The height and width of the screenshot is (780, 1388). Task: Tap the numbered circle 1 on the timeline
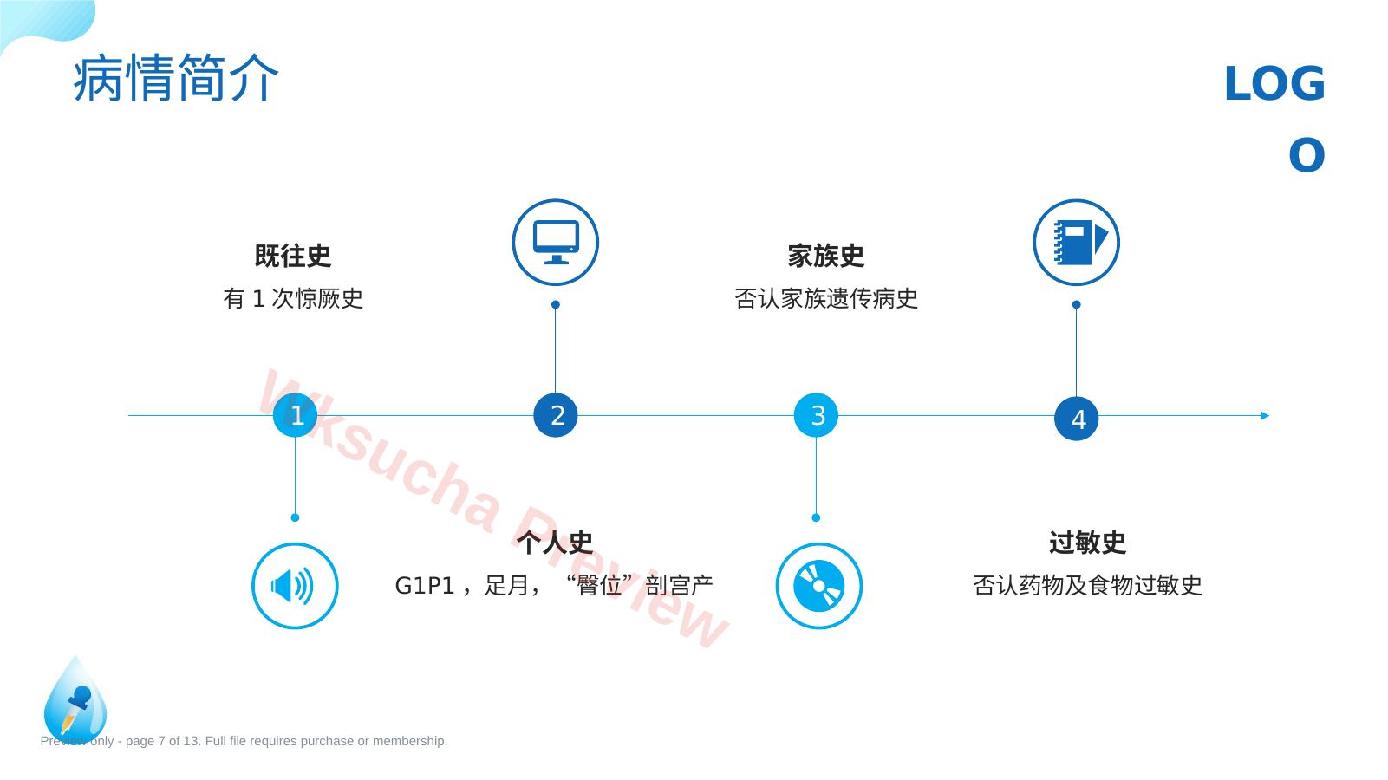click(x=295, y=415)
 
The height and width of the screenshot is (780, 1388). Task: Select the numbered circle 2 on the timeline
click(x=555, y=415)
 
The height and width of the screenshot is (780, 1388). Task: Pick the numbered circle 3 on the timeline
click(x=816, y=415)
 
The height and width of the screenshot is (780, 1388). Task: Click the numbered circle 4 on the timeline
click(x=1076, y=419)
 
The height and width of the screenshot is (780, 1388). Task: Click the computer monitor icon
click(x=556, y=243)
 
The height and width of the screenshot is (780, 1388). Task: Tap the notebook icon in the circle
click(x=1080, y=243)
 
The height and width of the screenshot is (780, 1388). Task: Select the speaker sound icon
click(x=292, y=586)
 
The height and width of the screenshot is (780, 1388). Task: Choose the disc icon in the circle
click(x=818, y=586)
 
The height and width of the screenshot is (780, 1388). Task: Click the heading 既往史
click(x=292, y=256)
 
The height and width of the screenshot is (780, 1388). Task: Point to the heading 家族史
click(x=826, y=256)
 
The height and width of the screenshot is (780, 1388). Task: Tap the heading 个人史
click(x=555, y=543)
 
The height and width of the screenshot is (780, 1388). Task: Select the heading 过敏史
click(x=1087, y=543)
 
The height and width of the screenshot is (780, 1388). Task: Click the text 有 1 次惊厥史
click(x=293, y=299)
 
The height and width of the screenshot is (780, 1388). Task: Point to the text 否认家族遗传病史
click(x=826, y=299)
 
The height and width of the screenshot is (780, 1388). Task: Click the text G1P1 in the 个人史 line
click(x=425, y=586)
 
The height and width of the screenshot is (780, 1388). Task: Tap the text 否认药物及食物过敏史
click(x=1087, y=586)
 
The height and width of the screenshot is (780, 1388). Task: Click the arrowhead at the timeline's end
click(x=1265, y=416)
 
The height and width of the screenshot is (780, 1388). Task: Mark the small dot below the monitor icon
click(x=555, y=305)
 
